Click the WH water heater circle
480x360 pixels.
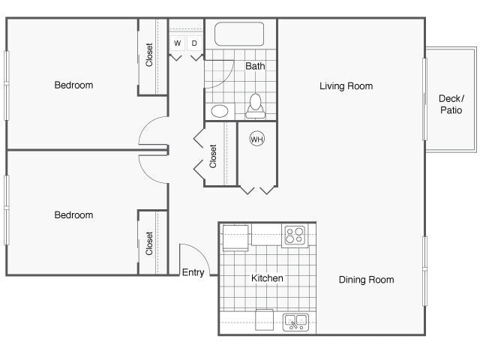pos(256,139)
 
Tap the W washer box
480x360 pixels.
pos(178,43)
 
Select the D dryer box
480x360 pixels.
pos(194,43)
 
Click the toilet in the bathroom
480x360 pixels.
pos(256,106)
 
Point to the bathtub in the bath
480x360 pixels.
pos(240,34)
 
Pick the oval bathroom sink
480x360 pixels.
pos(220,112)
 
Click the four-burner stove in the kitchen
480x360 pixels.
pos(294,235)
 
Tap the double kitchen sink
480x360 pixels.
pos(295,322)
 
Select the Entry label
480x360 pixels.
pos(193,272)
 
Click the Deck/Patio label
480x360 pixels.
pos(451,104)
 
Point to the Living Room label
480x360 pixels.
pos(346,86)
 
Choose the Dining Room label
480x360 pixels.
pos(366,280)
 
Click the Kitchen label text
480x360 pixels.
pos(267,278)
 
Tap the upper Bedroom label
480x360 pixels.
pos(73,85)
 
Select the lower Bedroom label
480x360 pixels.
pos(73,215)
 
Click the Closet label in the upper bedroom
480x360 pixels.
pos(150,55)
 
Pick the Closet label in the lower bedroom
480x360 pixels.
pos(150,243)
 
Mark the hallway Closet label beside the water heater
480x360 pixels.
pos(214,155)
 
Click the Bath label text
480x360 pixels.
pos(255,66)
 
